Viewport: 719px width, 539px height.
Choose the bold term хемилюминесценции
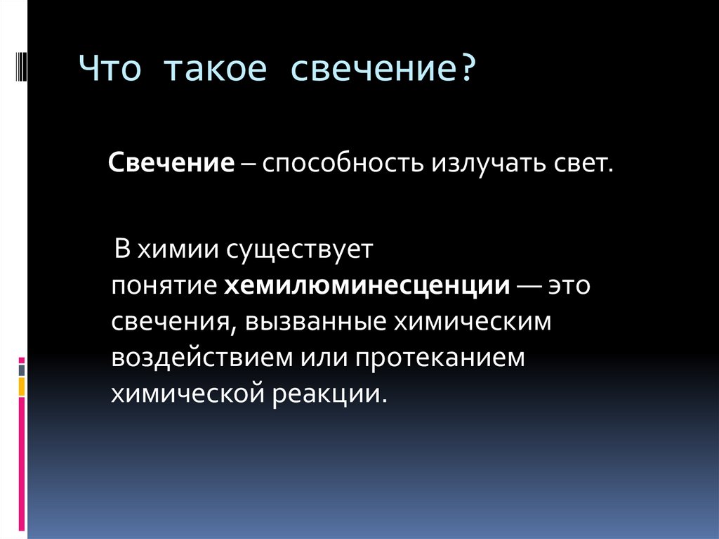pyautogui.click(x=367, y=287)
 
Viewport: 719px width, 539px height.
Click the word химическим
pyautogui.click(x=472, y=322)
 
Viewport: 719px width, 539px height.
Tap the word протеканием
pyautogui.click(x=439, y=358)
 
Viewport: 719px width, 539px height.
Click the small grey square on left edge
pyautogui.click(x=22, y=370)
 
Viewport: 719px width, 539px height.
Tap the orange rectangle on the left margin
pyautogui.click(x=22, y=386)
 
